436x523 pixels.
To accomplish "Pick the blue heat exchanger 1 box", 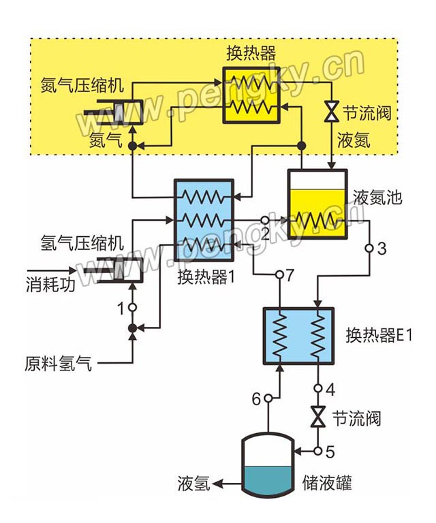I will [204, 220].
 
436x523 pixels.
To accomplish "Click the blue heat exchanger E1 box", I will [298, 336].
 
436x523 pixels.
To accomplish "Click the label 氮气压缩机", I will [82, 86].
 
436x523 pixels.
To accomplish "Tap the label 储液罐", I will [327, 483].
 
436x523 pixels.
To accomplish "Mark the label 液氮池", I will [378, 198].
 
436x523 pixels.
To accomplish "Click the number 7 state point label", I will [290, 275].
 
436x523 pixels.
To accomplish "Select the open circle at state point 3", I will [369, 248].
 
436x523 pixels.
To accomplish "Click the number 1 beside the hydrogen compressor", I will [121, 308].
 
